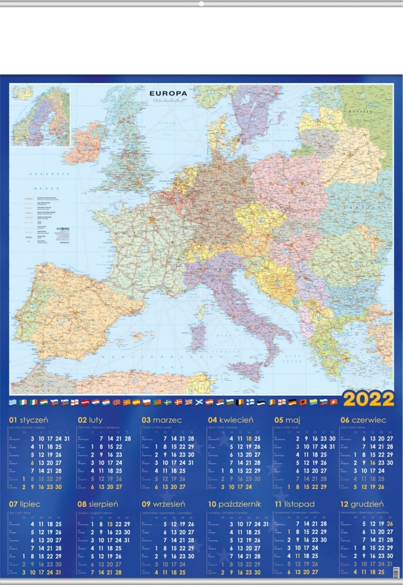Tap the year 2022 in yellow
tap(369, 398)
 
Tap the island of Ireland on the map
tap(84, 145)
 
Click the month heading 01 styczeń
tap(29, 420)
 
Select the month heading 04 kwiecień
tap(230, 420)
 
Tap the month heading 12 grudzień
tap(363, 504)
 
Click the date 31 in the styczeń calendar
tap(67, 438)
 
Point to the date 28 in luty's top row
tap(127, 438)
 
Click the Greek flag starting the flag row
tap(13, 402)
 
